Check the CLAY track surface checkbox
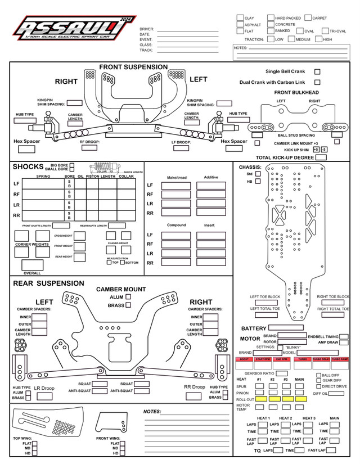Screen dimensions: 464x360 pos(240,18)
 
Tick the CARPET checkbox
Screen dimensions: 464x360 pos(308,18)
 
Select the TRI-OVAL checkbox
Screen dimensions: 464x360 pos(325,31)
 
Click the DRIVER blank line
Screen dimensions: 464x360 pos(188,29)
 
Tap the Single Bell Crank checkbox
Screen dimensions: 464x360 pos(317,72)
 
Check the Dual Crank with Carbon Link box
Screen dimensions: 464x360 pos(317,82)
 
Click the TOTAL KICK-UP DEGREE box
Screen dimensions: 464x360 pos(321,158)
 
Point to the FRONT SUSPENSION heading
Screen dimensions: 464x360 pos(133,67)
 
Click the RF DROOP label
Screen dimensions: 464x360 pos(89,142)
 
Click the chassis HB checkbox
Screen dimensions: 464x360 pos(258,182)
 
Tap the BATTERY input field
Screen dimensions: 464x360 pos(286,328)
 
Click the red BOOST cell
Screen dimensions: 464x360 pos(244,359)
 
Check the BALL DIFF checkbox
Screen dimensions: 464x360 pos(318,375)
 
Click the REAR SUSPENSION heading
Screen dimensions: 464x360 pos(49,283)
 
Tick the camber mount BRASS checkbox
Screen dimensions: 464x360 pos(128,305)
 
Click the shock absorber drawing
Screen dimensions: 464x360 pos(105,168)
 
